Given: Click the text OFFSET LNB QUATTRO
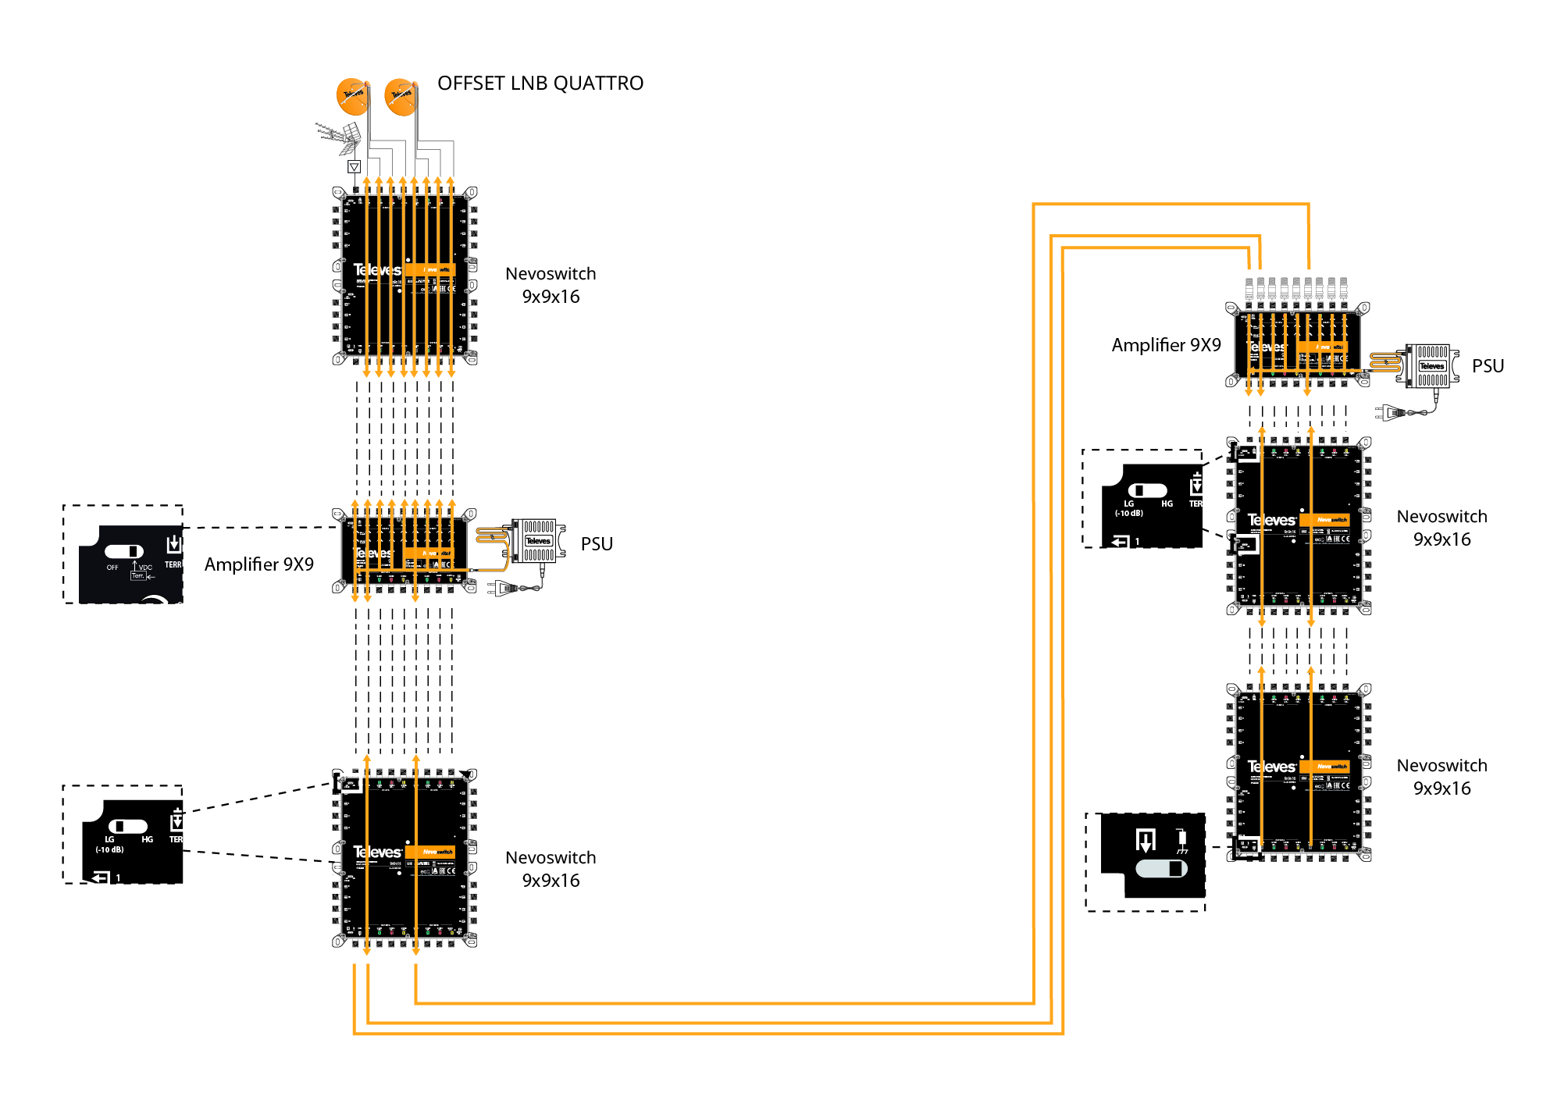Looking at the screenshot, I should [540, 84].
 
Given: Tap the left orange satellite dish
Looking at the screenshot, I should [352, 96].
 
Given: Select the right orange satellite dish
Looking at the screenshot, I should [401, 97].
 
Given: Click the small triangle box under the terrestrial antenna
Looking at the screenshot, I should [354, 167].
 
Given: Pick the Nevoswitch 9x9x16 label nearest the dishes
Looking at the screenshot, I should [551, 285].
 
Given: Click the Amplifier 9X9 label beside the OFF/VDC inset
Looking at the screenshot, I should [258, 564].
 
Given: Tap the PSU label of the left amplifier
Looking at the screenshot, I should [597, 544].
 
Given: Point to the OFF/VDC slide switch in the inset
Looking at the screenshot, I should [124, 552].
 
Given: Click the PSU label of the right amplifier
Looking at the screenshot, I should [1488, 366].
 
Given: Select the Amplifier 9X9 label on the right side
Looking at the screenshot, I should [1166, 345].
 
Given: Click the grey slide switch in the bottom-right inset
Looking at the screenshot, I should [1161, 868].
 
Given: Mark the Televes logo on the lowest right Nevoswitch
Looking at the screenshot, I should [1271, 767].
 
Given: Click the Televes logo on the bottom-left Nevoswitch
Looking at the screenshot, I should [377, 852].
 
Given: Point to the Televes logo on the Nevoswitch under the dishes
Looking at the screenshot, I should [377, 270].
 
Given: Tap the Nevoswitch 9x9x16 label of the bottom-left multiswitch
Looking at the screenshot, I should [551, 869].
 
